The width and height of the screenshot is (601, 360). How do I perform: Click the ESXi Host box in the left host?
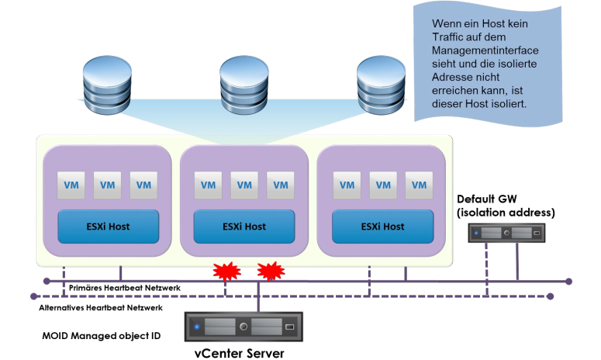[x=109, y=227]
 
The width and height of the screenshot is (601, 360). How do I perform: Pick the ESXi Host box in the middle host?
[x=244, y=227]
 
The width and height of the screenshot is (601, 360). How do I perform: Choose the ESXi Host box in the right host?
[x=382, y=227]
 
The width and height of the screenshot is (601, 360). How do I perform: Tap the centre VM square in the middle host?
[x=244, y=185]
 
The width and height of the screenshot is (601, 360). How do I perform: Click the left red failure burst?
[x=226, y=272]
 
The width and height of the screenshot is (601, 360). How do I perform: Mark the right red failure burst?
[x=270, y=272]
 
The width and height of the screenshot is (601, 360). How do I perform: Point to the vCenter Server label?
[x=240, y=353]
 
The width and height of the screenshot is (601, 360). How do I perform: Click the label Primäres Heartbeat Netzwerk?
[x=125, y=288]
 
